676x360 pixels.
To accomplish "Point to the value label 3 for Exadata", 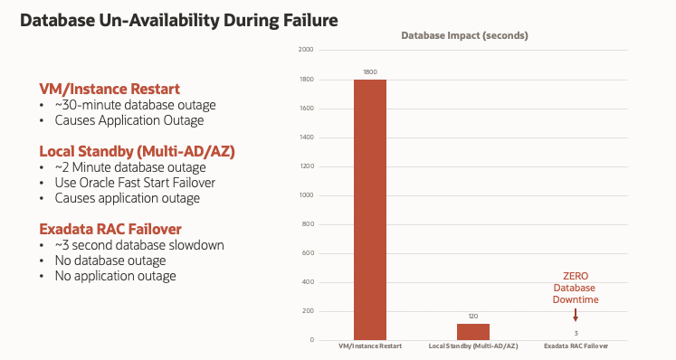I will coord(576,333).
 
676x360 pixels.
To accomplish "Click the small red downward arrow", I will coord(576,314).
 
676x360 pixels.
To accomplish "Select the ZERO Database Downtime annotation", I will coord(576,287).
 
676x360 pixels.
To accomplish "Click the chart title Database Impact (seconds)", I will coord(465,35).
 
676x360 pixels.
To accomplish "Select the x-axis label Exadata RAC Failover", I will coord(576,347).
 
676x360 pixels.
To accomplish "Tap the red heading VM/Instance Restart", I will coord(109,89).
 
